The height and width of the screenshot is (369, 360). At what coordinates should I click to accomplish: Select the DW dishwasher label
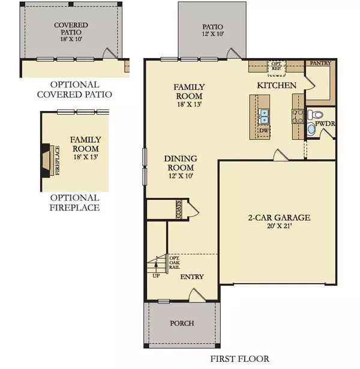(x=264, y=130)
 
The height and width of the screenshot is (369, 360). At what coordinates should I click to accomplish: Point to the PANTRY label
(x=318, y=63)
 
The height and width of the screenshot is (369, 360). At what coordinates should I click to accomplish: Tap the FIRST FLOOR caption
(x=239, y=359)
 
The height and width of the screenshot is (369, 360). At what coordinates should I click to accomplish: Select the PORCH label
(x=182, y=323)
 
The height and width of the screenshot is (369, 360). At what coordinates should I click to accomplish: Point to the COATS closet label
(x=179, y=209)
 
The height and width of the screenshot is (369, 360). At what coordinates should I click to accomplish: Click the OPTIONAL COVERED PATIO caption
(x=74, y=89)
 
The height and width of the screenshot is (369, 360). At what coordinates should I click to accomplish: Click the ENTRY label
(x=192, y=277)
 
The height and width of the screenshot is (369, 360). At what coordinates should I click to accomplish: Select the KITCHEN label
(x=277, y=86)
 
